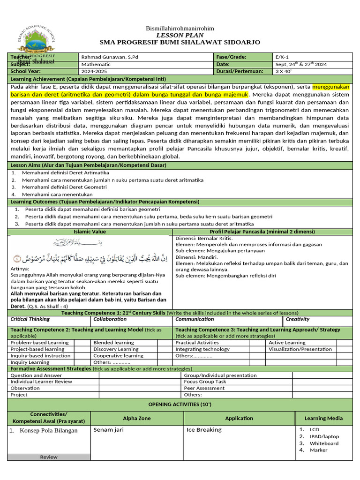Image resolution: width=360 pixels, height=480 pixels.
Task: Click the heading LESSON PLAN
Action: tap(180, 35)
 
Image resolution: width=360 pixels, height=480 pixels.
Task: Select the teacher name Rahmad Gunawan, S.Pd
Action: tap(110, 57)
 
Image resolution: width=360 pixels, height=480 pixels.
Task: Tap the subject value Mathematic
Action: tap(96, 64)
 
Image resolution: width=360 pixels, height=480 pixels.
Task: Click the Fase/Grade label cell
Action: tap(232, 57)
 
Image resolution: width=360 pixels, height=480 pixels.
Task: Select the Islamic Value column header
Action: tap(90, 232)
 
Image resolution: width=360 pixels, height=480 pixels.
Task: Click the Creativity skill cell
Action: tap(298, 319)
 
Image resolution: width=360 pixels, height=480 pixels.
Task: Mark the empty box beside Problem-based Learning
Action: tap(82, 343)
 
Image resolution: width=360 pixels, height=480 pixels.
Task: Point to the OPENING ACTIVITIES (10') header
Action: tap(180, 404)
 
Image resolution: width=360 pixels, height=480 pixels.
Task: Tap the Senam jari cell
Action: tap(108, 429)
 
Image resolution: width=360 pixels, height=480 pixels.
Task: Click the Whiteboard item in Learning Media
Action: tap(323, 443)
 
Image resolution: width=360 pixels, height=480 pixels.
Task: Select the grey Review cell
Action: tap(49, 457)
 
